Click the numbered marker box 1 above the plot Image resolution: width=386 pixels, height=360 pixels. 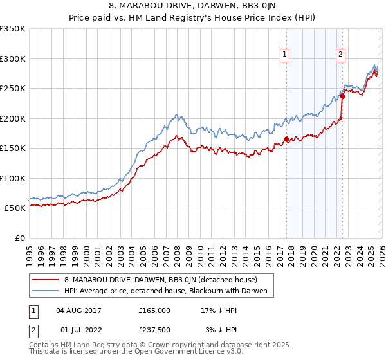tap(284, 55)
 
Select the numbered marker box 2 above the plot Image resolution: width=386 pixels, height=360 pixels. tap(340, 55)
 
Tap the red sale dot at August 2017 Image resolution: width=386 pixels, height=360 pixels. tap(286, 139)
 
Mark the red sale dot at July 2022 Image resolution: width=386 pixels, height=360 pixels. tap(342, 96)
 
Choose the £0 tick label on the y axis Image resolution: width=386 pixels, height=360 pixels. tap(19, 238)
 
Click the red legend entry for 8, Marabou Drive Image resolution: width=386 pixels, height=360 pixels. tap(160, 280)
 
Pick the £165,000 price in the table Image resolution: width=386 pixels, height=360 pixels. tap(154, 310)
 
